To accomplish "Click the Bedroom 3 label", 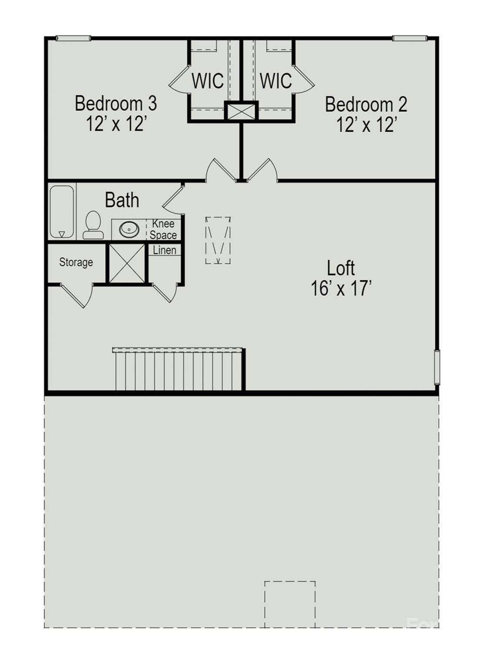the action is point(116,103).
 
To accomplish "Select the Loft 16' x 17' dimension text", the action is point(341,288).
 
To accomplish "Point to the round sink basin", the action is point(129,229).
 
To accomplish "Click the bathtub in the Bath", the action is point(62,211).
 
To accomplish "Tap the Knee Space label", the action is point(163,229).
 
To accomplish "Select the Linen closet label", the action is point(165,250).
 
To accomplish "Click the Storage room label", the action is point(76,262).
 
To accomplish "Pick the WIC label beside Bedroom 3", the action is point(208,80).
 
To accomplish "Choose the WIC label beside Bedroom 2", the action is point(276,80).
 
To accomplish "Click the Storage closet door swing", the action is point(77,296).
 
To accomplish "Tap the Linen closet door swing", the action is point(165,293).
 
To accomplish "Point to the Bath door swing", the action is point(172,199).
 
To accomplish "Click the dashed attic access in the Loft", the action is point(218,240).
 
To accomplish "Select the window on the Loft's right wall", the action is point(437,367).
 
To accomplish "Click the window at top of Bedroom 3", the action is point(73,38).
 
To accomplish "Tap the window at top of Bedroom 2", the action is point(410,38).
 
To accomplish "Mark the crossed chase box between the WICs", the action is point(241,111).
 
